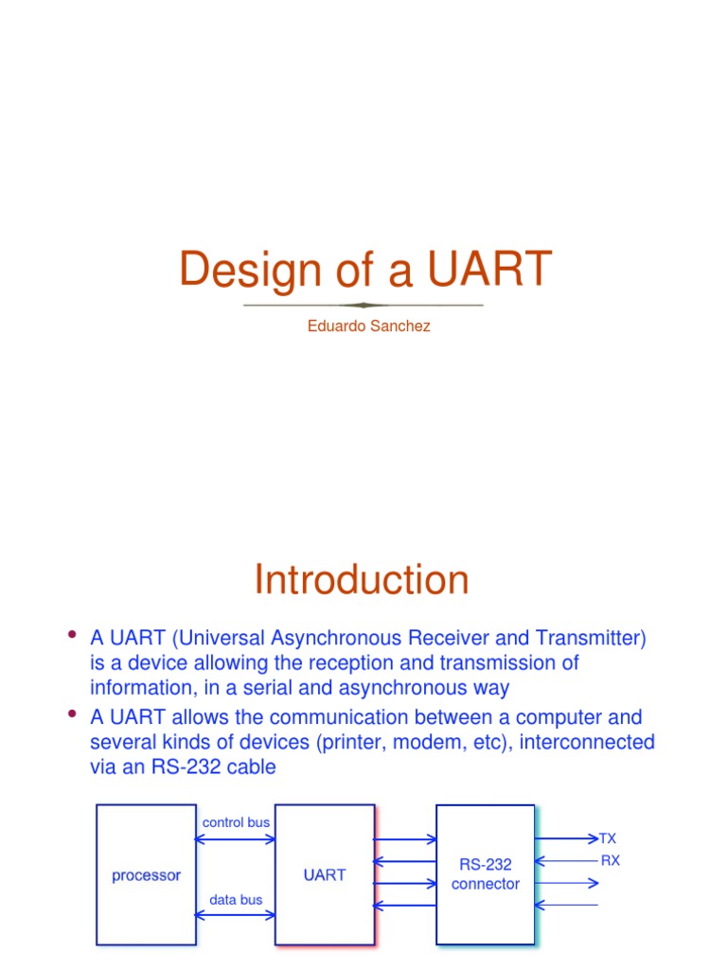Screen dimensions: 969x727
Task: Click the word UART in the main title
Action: [x=488, y=270]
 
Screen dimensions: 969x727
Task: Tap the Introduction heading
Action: [x=362, y=580]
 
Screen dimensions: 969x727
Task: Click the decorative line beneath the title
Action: [x=363, y=305]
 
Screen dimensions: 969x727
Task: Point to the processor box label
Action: [x=146, y=875]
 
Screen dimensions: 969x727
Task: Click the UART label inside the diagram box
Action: [x=325, y=875]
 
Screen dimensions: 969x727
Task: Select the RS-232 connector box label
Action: [x=486, y=874]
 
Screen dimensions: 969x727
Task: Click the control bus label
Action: [x=236, y=822]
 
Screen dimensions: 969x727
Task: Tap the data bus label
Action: [x=237, y=900]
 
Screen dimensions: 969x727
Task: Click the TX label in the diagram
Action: [x=608, y=838]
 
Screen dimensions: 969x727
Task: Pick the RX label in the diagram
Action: [x=611, y=860]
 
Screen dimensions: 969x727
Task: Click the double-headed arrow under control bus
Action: [x=236, y=837]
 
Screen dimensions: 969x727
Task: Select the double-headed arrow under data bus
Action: [x=236, y=915]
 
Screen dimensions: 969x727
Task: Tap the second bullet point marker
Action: [x=71, y=714]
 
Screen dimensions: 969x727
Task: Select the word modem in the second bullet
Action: [x=378, y=742]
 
